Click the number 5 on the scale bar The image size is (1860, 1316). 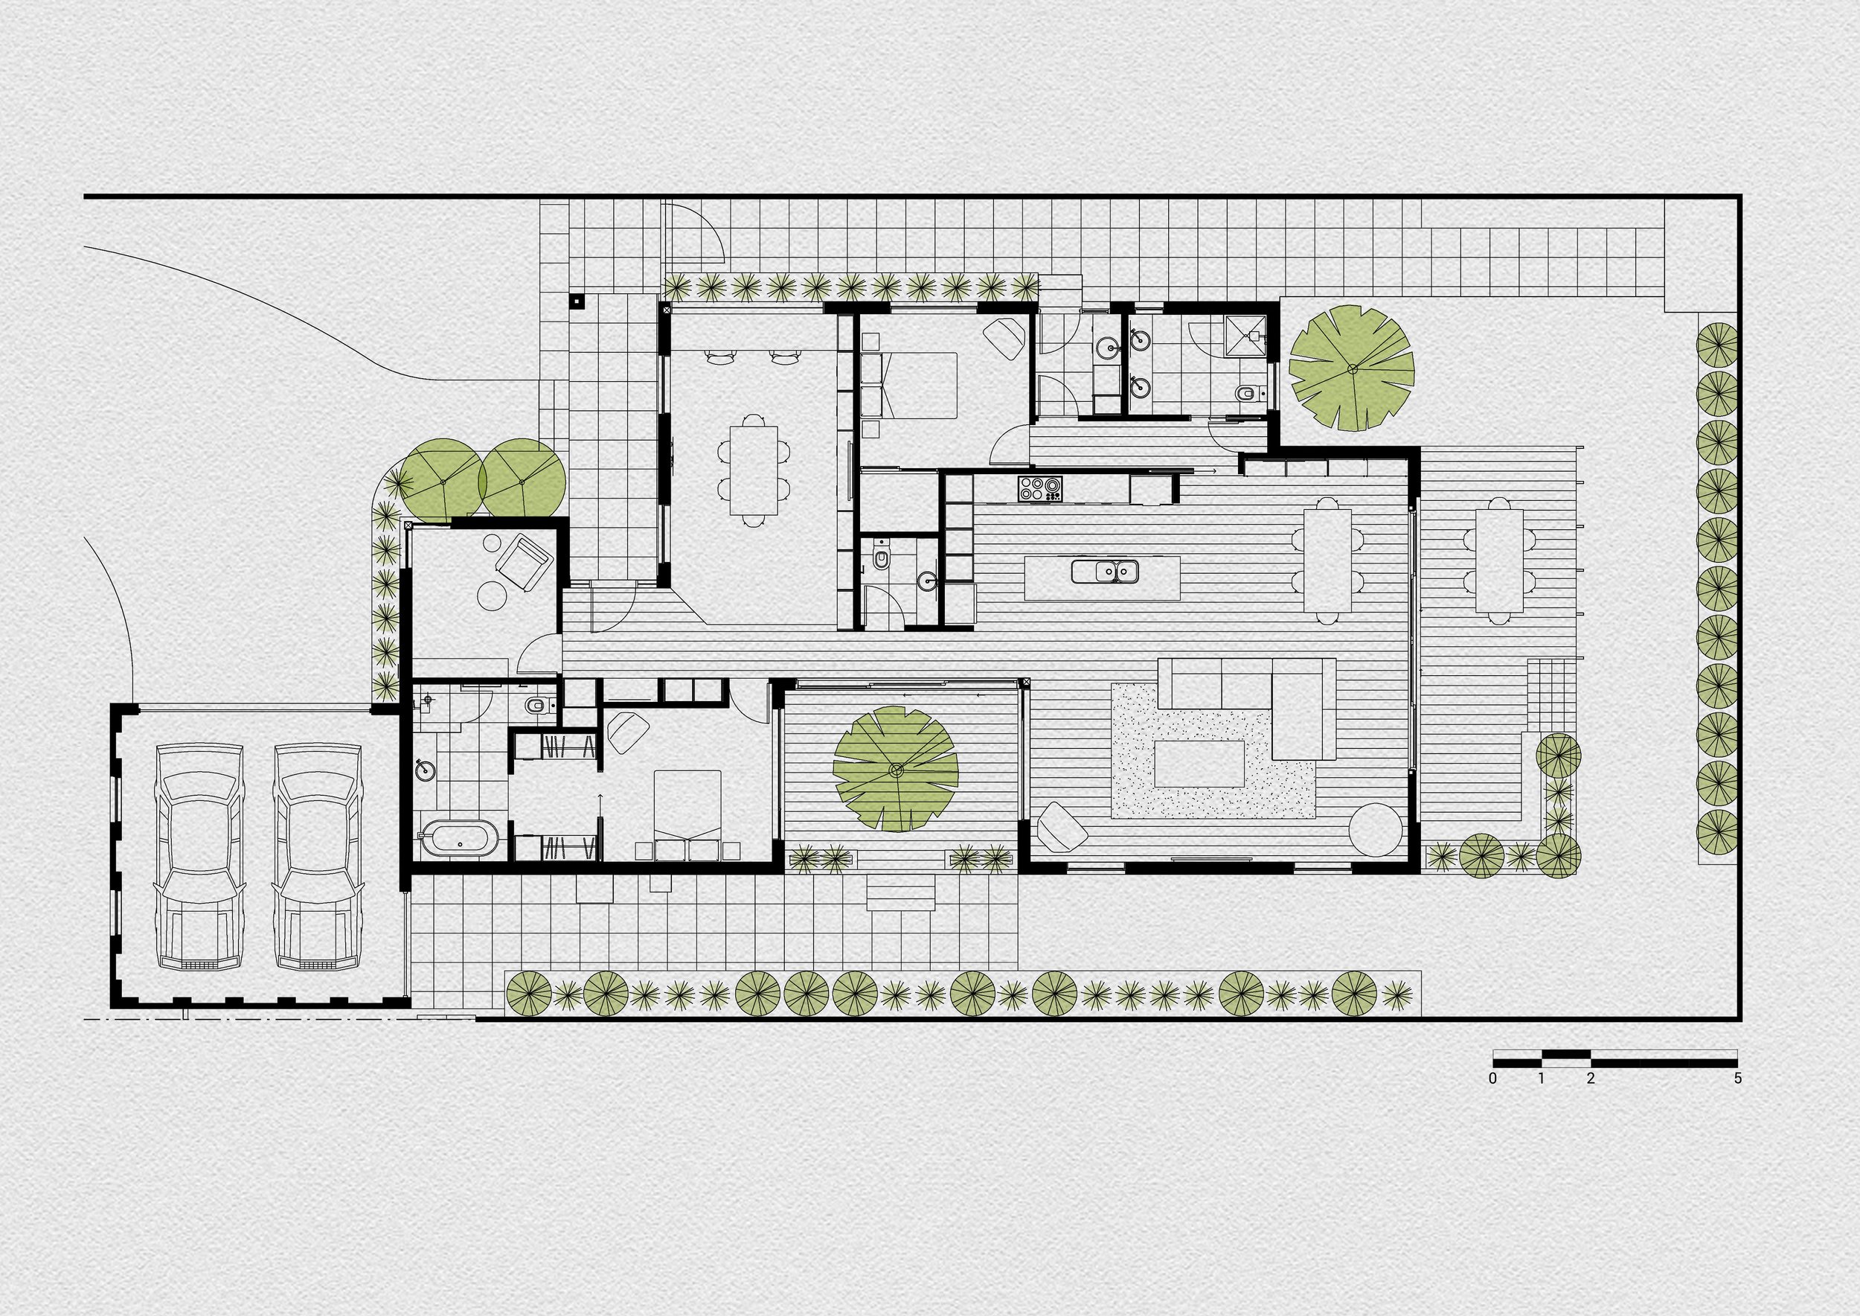pos(1736,1079)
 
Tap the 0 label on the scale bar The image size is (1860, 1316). pos(1492,1079)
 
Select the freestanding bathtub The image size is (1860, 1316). pos(459,839)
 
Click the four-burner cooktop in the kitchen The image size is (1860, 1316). pos(1040,488)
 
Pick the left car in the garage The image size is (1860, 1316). pos(199,856)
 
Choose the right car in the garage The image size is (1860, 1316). pos(317,856)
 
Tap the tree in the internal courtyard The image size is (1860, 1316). pos(896,768)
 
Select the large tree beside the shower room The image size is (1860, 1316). pos(1351,368)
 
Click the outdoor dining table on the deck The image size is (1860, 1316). pos(1498,560)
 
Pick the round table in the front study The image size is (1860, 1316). pos(492,594)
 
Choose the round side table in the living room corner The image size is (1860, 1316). pos(1374,829)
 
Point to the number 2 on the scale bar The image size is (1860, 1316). pos(1590,1079)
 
